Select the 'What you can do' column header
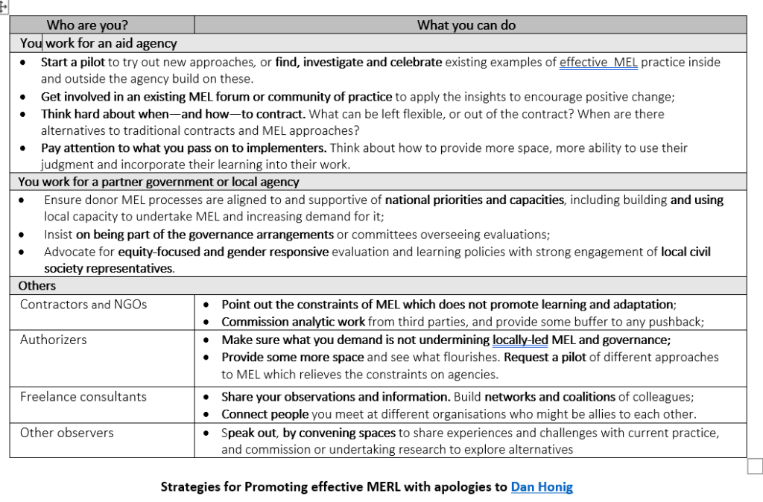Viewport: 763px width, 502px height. point(466,25)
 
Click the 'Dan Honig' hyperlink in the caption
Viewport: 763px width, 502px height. point(542,487)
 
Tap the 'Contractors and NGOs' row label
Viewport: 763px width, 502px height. point(83,304)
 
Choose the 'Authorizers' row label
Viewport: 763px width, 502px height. point(53,340)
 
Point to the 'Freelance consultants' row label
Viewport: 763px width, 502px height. point(83,396)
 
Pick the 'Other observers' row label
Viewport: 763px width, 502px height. point(66,432)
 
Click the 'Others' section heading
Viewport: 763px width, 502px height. point(37,285)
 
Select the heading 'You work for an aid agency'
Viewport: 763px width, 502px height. point(98,44)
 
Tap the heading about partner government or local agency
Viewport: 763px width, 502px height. point(159,182)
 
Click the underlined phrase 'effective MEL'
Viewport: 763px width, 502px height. point(598,63)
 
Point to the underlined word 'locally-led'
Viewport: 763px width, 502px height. point(520,340)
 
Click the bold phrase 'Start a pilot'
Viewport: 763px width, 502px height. point(74,63)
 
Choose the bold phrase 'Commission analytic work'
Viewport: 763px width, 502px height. point(293,322)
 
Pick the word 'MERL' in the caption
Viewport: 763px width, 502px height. point(385,487)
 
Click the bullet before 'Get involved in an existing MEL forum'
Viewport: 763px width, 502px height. point(25,97)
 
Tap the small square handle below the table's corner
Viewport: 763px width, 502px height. point(754,466)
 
